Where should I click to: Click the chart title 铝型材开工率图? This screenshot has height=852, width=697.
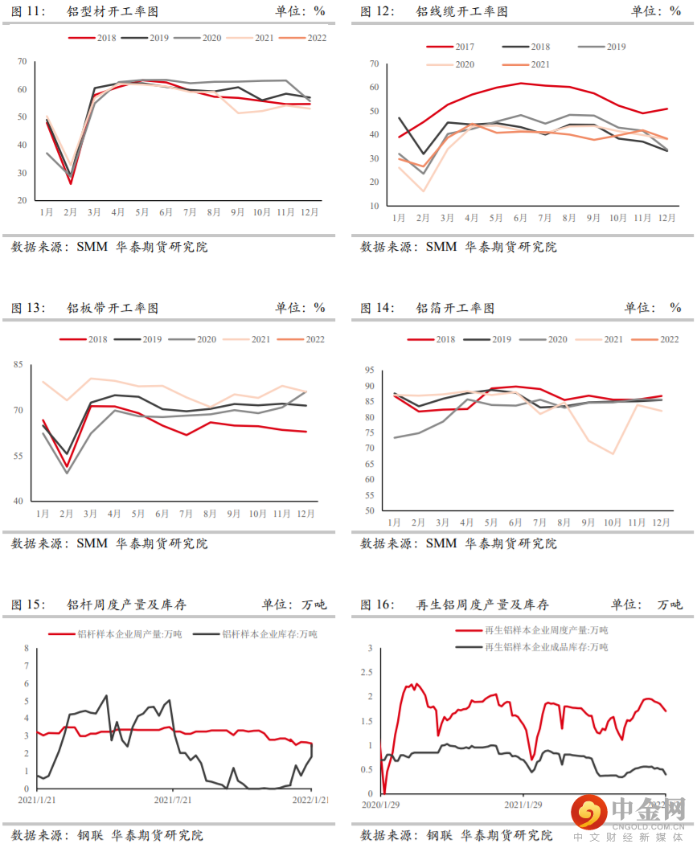pyautogui.click(x=113, y=11)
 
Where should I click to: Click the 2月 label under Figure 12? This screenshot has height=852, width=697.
pyautogui.click(x=423, y=219)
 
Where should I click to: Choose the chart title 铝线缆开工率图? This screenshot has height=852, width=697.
pyautogui.click(x=461, y=11)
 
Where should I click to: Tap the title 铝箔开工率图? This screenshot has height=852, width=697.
pyautogui.click(x=455, y=308)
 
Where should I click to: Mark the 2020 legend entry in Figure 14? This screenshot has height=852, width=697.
pyautogui.click(x=556, y=340)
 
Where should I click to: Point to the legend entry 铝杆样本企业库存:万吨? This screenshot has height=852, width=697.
pyautogui.click(x=269, y=634)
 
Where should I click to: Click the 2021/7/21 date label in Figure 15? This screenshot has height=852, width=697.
pyautogui.click(x=174, y=801)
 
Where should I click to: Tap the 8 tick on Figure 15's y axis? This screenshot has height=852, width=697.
pyautogui.click(x=26, y=648)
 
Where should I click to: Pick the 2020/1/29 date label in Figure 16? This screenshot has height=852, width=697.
pyautogui.click(x=383, y=804)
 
